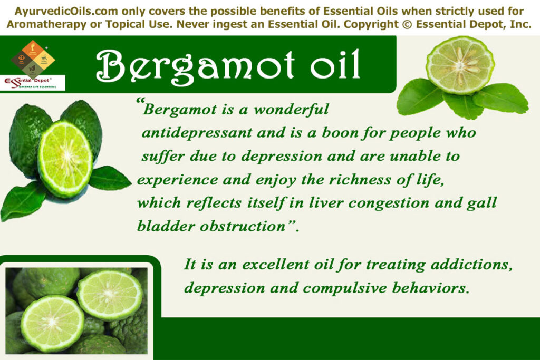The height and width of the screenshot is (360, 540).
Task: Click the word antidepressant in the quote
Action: pos(197,133)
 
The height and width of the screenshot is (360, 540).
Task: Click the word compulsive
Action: pos(341,288)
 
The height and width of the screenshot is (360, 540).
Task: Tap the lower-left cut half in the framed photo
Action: pos(52,323)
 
